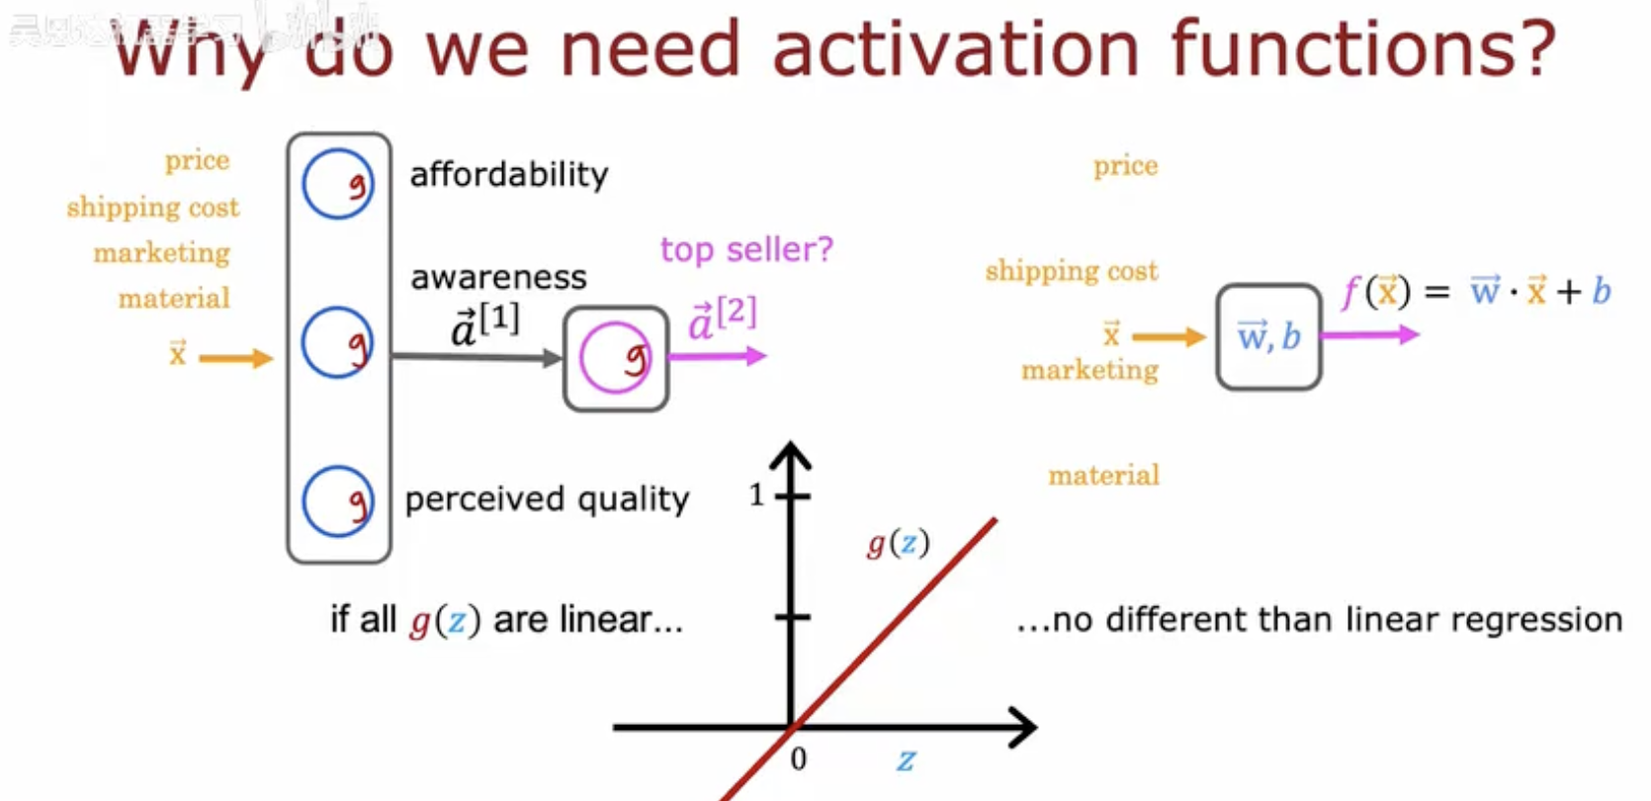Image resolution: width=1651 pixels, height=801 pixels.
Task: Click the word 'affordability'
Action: click(x=509, y=175)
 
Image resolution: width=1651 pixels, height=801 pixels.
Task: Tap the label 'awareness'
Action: click(x=498, y=278)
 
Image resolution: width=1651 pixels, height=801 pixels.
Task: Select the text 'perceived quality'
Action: click(x=547, y=499)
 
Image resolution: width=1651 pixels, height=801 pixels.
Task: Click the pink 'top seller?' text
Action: click(x=746, y=249)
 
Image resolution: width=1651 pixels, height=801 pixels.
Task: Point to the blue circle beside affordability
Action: click(x=338, y=184)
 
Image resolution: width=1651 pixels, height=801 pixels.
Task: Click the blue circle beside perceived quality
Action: click(x=338, y=501)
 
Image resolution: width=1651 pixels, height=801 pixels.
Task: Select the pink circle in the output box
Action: click(x=615, y=358)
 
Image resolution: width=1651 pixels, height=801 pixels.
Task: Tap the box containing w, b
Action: click(x=1268, y=337)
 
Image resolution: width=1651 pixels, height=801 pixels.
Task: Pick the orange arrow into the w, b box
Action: click(x=1168, y=338)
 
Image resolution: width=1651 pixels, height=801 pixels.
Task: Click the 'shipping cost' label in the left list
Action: click(x=153, y=207)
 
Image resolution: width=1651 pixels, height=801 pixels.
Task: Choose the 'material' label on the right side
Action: click(x=1103, y=476)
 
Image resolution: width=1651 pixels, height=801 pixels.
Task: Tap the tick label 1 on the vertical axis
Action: click(x=756, y=494)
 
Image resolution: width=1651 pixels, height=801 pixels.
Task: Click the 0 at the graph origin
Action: click(x=798, y=759)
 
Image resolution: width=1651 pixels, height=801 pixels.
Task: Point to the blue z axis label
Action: click(x=906, y=760)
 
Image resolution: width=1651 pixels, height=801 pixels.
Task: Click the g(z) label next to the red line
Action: click(x=898, y=543)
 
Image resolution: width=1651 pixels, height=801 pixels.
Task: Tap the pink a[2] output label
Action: click(x=723, y=318)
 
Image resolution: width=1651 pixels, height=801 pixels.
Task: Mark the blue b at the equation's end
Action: click(x=1602, y=291)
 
